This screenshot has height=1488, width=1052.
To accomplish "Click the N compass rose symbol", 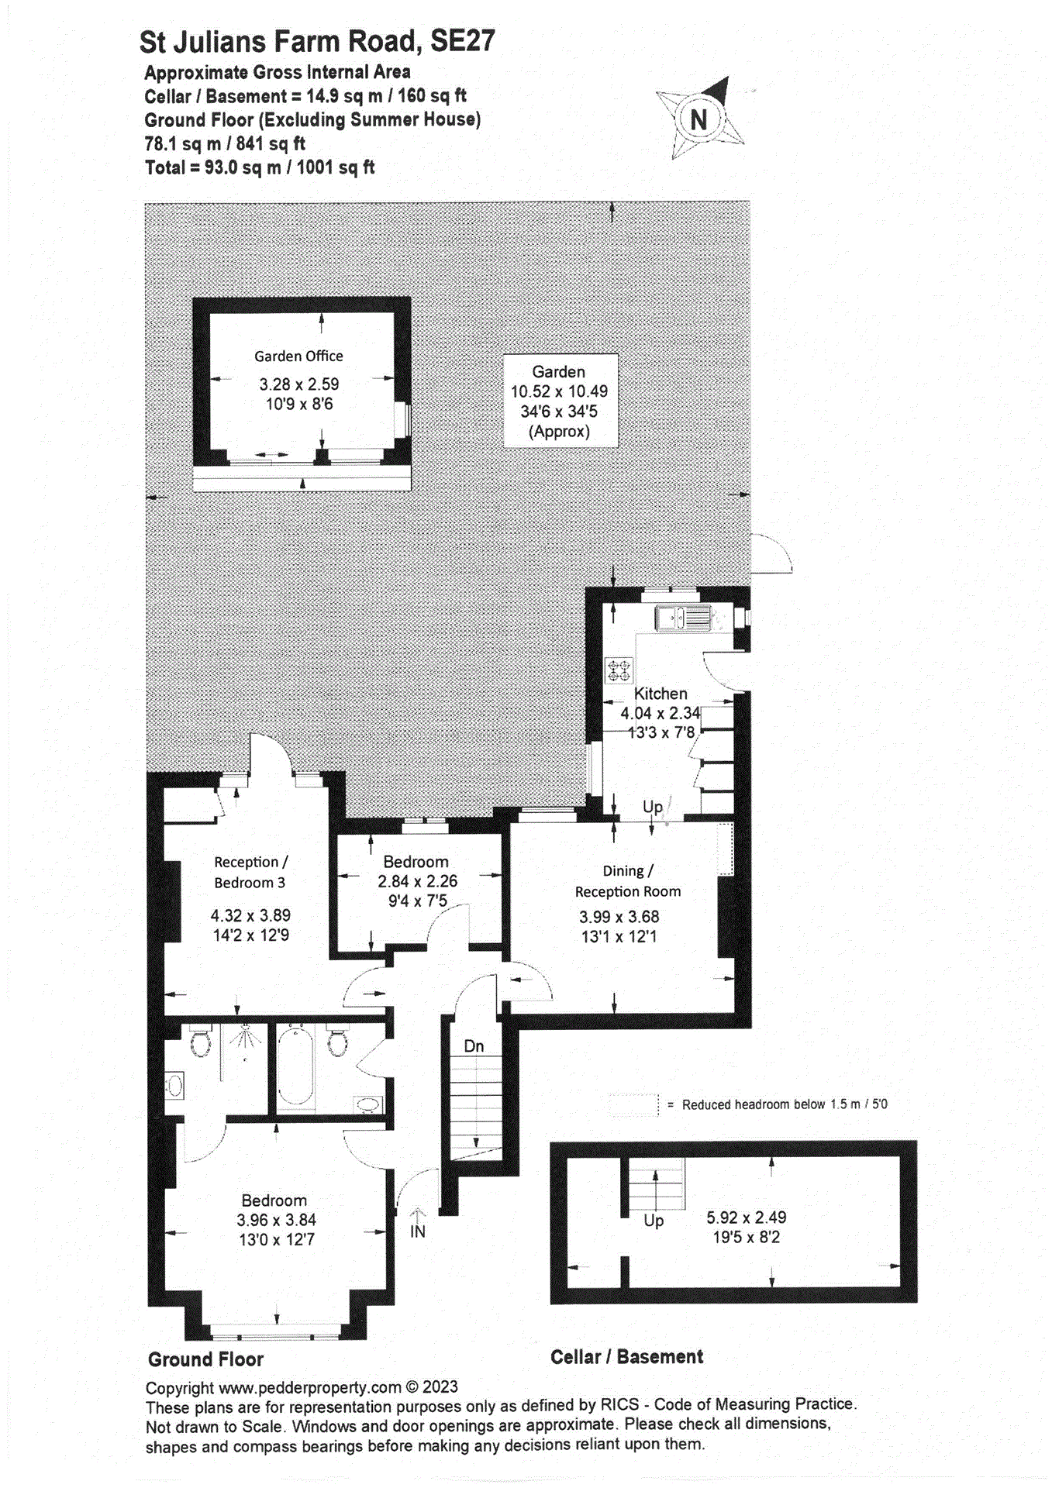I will click(x=699, y=119).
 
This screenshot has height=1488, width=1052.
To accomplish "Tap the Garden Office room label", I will click(x=298, y=356).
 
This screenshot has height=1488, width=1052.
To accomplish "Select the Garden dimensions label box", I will click(x=560, y=401).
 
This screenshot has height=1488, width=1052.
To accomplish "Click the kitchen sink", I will click(x=683, y=618).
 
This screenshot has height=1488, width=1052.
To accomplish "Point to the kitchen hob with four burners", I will click(x=619, y=670).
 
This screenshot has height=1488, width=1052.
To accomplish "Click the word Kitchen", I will click(x=661, y=694).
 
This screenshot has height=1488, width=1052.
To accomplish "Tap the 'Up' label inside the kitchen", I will click(x=653, y=807).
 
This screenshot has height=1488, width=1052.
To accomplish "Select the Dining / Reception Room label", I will click(x=627, y=881).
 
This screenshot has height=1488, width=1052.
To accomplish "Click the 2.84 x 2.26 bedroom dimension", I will click(x=417, y=881).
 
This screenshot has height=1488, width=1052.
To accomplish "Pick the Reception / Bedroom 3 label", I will click(x=250, y=872).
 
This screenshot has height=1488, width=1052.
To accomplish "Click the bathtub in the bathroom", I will click(x=295, y=1066).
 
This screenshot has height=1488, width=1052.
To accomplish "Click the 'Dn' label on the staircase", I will click(x=474, y=1046).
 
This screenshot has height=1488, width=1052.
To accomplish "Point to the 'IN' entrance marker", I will click(x=417, y=1231).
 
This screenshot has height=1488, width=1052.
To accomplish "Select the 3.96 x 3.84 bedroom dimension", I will click(x=276, y=1220).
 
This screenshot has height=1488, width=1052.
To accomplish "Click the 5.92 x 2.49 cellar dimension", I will click(x=746, y=1218).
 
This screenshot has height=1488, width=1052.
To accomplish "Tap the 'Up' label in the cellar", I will click(x=654, y=1221).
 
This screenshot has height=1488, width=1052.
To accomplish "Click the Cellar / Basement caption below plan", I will click(x=626, y=1357).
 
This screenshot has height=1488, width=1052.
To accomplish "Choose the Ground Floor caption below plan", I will click(x=205, y=1359).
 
